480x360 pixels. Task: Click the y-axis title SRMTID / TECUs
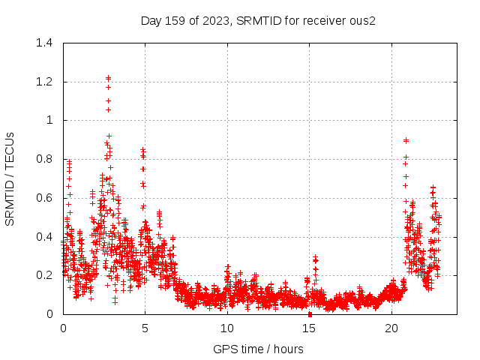[x=10, y=178]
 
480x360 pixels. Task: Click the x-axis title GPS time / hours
[x=258, y=349]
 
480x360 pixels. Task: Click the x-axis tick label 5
[x=145, y=328]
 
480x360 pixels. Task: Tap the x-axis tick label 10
[x=227, y=328]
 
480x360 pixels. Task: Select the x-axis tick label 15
[x=310, y=328]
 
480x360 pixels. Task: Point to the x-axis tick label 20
[x=391, y=328]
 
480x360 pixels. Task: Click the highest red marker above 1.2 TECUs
[x=108, y=77]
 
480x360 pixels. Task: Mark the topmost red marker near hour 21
[x=406, y=140]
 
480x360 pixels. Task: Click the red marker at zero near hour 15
[x=310, y=314]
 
